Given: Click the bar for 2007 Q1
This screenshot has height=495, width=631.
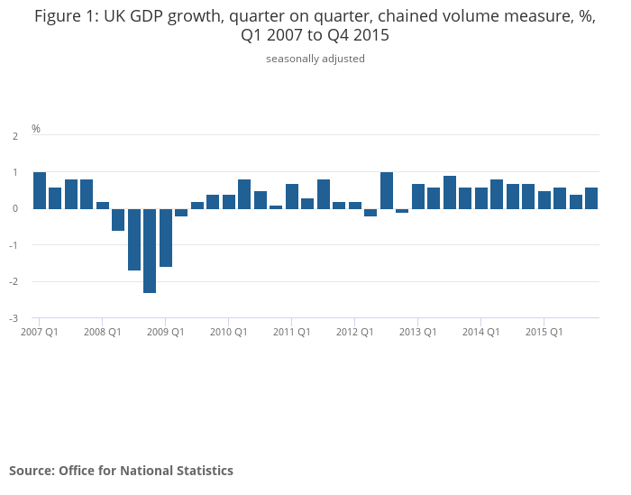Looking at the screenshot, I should pos(40,190).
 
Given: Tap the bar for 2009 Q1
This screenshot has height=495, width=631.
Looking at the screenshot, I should pos(166,237).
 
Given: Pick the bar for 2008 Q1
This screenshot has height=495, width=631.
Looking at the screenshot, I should pos(103,205).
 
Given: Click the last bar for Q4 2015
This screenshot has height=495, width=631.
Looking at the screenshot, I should pos(591,197).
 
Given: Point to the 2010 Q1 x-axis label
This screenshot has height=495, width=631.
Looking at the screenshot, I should pos(229,332).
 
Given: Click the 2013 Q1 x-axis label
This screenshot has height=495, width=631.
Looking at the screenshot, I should pos(418,332).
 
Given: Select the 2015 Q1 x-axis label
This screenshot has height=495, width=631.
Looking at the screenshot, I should pos(544,332).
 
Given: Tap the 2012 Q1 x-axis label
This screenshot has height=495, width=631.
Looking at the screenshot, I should pos(355,332).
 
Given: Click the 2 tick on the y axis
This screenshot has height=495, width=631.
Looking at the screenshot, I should pos(15,136).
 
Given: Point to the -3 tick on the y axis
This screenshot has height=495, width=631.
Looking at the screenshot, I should pos(14,318).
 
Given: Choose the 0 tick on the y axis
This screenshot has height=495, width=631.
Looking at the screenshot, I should pos(15,208).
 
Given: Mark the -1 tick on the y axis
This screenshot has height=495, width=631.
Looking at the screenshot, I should pos(14,245).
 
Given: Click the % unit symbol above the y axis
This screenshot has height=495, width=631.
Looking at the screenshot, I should pos(36,129).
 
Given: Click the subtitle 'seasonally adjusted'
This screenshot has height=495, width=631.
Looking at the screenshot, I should pos(315,59).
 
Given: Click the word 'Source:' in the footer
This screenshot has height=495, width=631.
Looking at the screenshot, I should pos(32,471).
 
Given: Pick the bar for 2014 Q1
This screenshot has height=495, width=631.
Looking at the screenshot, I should pos(481,197).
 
